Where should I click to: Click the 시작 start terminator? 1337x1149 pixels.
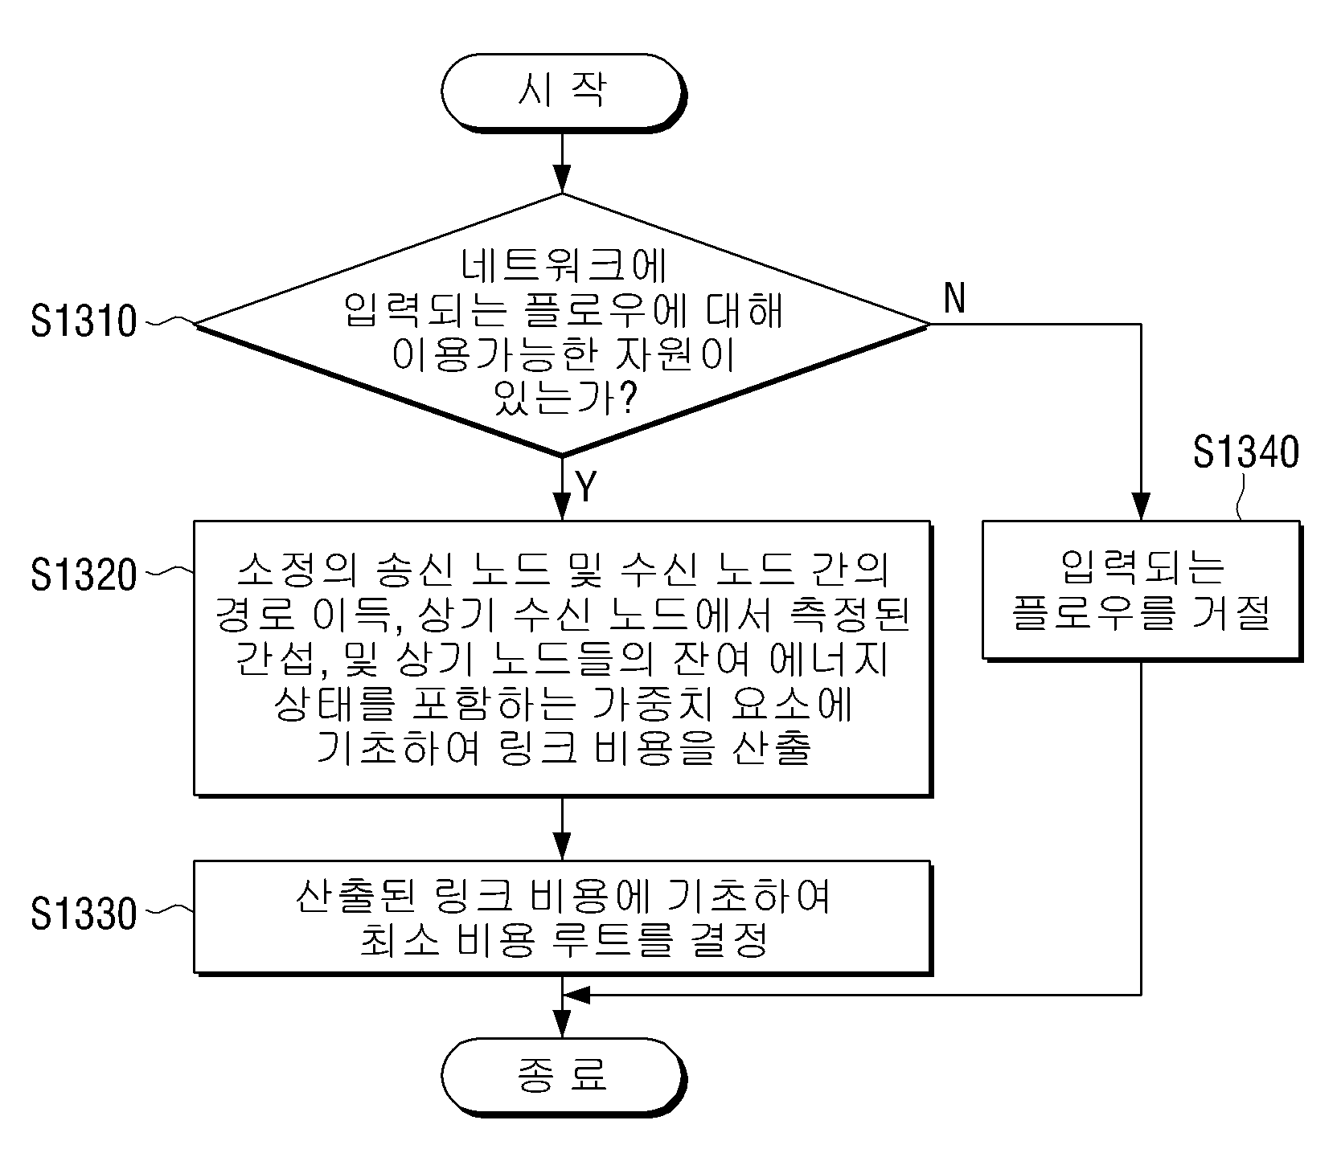(562, 91)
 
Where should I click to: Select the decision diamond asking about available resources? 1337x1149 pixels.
(562, 325)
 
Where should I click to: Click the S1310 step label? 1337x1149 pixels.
(84, 321)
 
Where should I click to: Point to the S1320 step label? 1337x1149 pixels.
(84, 575)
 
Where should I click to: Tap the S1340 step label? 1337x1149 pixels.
(1245, 452)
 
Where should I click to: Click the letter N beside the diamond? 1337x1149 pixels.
(954, 299)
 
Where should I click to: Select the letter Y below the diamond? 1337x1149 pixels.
(586, 486)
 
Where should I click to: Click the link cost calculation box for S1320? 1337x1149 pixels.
(562, 658)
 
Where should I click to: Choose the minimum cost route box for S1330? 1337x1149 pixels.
(562, 918)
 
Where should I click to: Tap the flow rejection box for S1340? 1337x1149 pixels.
(1141, 591)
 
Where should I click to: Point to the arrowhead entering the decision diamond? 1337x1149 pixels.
(562, 179)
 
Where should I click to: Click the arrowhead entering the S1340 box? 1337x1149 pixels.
(1141, 506)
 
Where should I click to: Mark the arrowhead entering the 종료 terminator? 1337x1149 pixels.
(562, 1024)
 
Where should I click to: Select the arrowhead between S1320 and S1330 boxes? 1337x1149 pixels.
(562, 847)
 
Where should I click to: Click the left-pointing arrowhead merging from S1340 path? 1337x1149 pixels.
(576, 995)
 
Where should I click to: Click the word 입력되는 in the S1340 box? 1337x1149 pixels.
(1142, 566)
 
